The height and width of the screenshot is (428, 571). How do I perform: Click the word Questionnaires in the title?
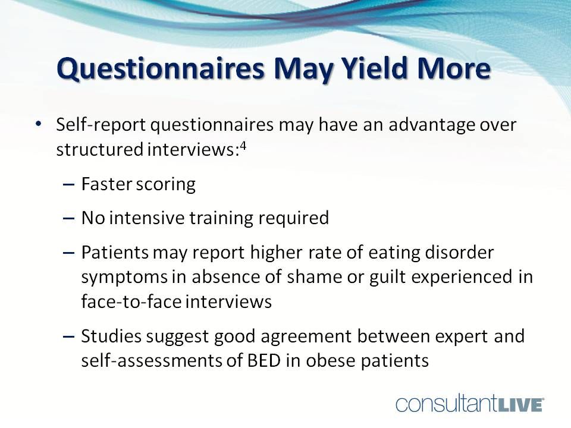pyautogui.click(x=161, y=69)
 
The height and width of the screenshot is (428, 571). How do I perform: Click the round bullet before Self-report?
pyautogui.click(x=39, y=124)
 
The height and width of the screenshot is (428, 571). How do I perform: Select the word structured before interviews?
pyautogui.click(x=100, y=150)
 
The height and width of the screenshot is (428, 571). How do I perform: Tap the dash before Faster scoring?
pyautogui.click(x=68, y=185)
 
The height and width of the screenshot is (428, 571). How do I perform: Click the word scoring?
pyautogui.click(x=166, y=184)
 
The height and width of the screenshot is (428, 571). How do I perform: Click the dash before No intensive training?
pyautogui.click(x=68, y=219)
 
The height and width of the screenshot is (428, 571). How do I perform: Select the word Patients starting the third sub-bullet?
pyautogui.click(x=115, y=252)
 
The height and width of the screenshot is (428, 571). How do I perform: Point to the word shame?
pyautogui.click(x=314, y=276)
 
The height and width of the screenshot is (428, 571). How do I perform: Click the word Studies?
pyautogui.click(x=111, y=336)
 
